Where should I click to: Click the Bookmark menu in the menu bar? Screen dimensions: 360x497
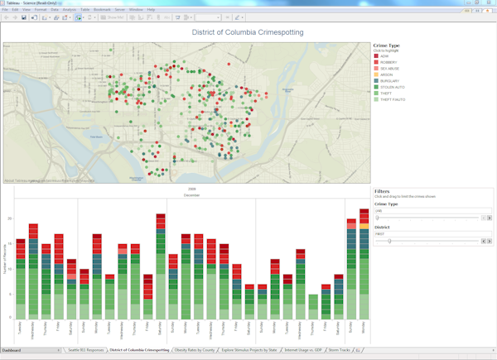(x=102, y=9)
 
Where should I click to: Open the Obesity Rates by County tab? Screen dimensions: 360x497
(x=195, y=350)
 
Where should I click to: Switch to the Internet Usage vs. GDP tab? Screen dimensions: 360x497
(x=303, y=350)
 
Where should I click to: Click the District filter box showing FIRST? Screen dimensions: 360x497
(x=427, y=233)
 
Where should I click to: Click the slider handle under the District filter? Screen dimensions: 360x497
(x=389, y=241)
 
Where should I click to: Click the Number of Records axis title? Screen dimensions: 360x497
(x=6, y=265)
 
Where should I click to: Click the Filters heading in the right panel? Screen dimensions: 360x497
(x=382, y=191)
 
